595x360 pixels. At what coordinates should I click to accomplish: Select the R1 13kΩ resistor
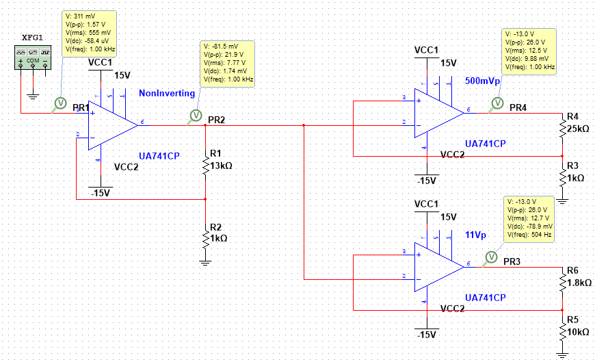[205, 166]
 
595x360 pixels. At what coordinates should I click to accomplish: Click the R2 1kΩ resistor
[205, 237]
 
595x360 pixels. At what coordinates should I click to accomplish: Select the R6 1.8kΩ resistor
[561, 281]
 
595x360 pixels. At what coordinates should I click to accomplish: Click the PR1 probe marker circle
[59, 103]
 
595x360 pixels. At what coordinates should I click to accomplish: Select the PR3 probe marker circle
[490, 257]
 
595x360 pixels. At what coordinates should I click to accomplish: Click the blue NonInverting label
[167, 93]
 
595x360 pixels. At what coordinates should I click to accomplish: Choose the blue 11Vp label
[476, 234]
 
